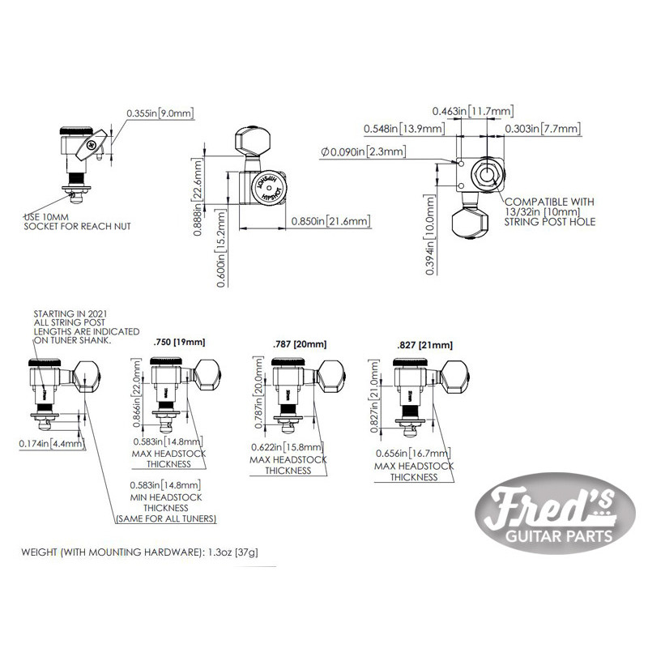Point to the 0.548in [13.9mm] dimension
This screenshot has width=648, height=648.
click(x=403, y=129)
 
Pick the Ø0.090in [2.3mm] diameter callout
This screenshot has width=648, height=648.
click(x=364, y=151)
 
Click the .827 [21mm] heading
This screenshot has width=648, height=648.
click(x=413, y=346)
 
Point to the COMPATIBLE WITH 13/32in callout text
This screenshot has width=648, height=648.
click(x=548, y=211)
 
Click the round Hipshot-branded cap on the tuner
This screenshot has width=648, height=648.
click(x=266, y=188)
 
